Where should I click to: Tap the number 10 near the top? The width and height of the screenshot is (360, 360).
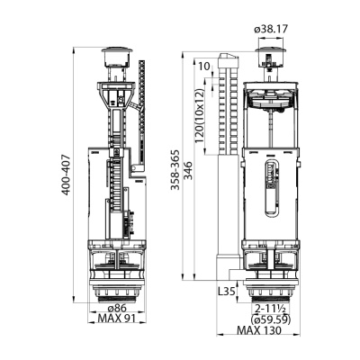[205, 65]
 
